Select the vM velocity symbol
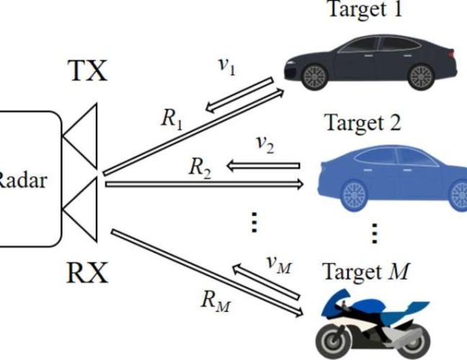(279, 264)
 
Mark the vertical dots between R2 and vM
(253, 222)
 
